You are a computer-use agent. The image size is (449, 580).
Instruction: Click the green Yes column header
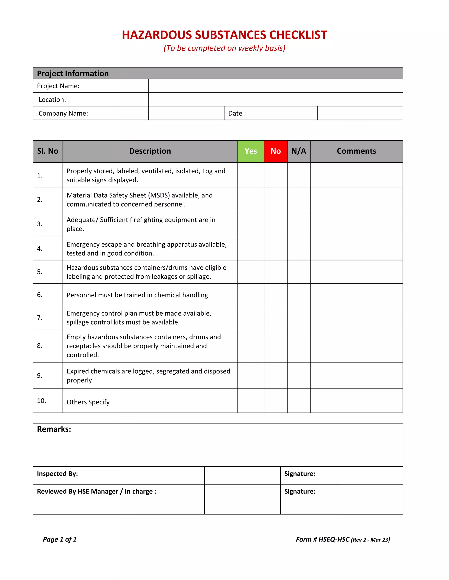tap(251, 151)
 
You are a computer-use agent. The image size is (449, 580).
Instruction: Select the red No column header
tap(275, 151)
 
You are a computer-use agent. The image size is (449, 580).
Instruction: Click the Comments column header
tap(356, 151)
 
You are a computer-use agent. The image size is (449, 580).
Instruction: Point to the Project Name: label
tap(58, 86)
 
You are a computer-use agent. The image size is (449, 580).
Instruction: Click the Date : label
tap(237, 113)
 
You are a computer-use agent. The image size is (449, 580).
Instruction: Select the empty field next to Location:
tap(275, 99)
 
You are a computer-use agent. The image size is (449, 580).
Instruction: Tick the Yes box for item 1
tap(251, 175)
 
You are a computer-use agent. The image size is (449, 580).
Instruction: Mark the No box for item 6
tap(275, 295)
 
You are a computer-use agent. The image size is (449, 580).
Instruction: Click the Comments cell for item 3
tap(356, 224)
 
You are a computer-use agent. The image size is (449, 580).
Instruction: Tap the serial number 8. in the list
tap(40, 346)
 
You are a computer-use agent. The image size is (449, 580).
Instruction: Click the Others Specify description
tap(88, 402)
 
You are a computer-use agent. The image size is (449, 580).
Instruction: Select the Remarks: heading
tap(54, 429)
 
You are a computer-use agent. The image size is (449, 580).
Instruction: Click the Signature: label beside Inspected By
tap(299, 474)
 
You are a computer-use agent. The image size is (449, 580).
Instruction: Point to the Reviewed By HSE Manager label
tap(96, 492)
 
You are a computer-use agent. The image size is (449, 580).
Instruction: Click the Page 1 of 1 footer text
tap(60, 539)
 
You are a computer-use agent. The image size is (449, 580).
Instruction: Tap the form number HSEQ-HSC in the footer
tap(334, 539)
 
